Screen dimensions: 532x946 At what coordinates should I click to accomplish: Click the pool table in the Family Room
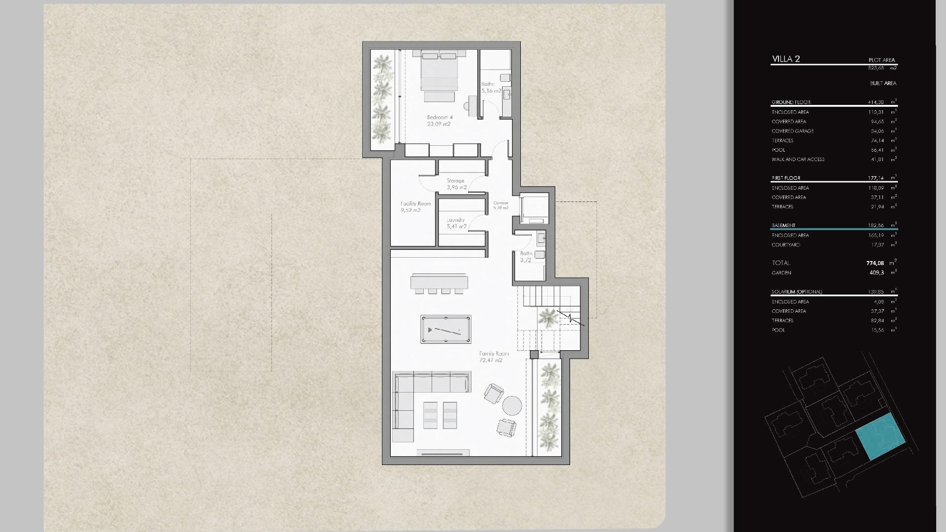pos(445,329)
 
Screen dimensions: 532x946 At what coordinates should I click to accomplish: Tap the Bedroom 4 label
pos(439,121)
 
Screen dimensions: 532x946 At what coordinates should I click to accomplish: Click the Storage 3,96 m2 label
pos(456,184)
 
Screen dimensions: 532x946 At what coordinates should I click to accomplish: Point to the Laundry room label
pos(456,223)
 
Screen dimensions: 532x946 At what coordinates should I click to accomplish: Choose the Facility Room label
pos(415,206)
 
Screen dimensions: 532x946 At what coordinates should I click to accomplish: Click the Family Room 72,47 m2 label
pos(494,357)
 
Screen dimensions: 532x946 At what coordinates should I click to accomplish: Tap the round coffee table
pos(512,406)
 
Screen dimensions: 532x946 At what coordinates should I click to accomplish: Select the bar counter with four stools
pos(439,283)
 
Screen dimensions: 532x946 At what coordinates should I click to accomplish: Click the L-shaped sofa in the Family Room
pos(409,394)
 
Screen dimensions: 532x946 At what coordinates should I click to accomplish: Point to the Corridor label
pos(501,205)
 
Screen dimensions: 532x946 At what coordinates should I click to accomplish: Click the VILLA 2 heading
pos(786,59)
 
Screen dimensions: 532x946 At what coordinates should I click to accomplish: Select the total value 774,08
pos(875,263)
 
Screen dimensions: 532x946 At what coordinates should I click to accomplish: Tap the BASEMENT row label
pos(783,225)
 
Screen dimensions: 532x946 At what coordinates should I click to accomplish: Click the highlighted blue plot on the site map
pos(880,436)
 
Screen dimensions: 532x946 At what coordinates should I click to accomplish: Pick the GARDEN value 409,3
pos(877,272)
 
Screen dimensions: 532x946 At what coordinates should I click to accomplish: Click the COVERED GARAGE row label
pos(793,131)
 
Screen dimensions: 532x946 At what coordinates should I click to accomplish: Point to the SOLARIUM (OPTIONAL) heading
pos(797,292)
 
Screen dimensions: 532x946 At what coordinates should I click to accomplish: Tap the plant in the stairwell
pos(548,318)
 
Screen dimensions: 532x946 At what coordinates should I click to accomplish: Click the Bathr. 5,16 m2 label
pos(491,88)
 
